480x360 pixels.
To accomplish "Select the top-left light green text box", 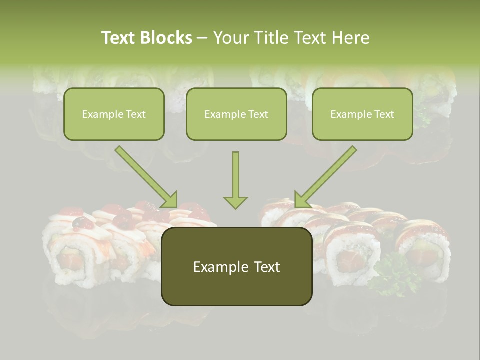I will pos(114,114).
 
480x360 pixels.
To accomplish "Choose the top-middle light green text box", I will pos(236,114).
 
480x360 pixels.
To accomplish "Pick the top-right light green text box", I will pos(362,114).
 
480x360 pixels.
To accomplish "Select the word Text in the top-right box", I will pos(384,114).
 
